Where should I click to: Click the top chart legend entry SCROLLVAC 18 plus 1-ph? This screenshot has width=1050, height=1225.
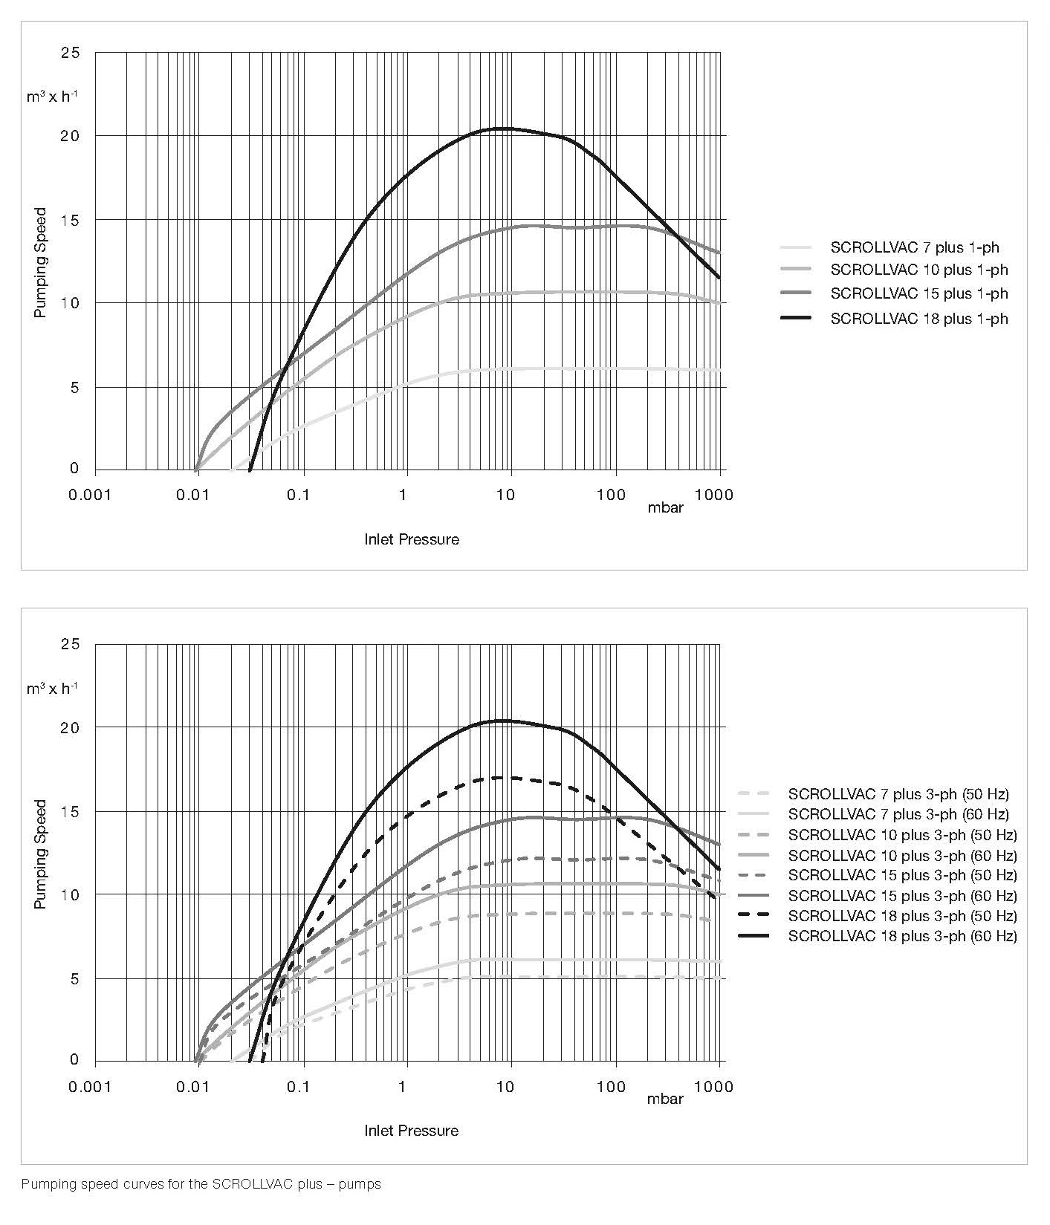pyautogui.click(x=918, y=319)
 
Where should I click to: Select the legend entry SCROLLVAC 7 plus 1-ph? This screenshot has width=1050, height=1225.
pyautogui.click(x=914, y=247)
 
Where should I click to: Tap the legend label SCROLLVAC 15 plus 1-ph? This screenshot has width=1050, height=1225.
pyautogui.click(x=918, y=293)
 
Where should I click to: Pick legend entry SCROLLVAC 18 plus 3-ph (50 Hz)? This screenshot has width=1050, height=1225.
pyautogui.click(x=902, y=916)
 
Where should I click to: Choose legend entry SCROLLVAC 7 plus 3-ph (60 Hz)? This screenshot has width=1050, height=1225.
pyautogui.click(x=898, y=814)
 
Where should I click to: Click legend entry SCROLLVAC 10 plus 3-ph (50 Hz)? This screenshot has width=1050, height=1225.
pyautogui.click(x=902, y=835)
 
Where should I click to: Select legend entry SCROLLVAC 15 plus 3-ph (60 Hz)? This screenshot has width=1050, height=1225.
pyautogui.click(x=902, y=896)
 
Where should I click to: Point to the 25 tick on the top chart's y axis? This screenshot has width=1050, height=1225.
pyautogui.click(x=70, y=53)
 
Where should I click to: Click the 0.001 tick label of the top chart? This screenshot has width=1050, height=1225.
pyautogui.click(x=89, y=495)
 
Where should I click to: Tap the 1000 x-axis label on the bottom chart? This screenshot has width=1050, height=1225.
pyautogui.click(x=713, y=1087)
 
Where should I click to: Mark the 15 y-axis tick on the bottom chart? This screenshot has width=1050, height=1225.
pyautogui.click(x=70, y=811)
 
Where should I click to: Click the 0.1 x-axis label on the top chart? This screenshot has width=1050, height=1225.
pyautogui.click(x=297, y=495)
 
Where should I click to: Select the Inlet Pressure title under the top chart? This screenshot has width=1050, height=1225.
pyautogui.click(x=412, y=539)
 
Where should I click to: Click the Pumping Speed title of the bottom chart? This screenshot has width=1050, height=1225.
pyautogui.click(x=41, y=854)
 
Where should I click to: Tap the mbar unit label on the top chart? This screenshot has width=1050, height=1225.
pyautogui.click(x=665, y=508)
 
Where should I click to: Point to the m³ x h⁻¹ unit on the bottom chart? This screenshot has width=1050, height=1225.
pyautogui.click(x=52, y=689)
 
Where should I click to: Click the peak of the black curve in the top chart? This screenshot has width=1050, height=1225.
pyautogui.click(x=503, y=129)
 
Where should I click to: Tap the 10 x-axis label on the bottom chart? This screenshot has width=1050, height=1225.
pyautogui.click(x=505, y=1087)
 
